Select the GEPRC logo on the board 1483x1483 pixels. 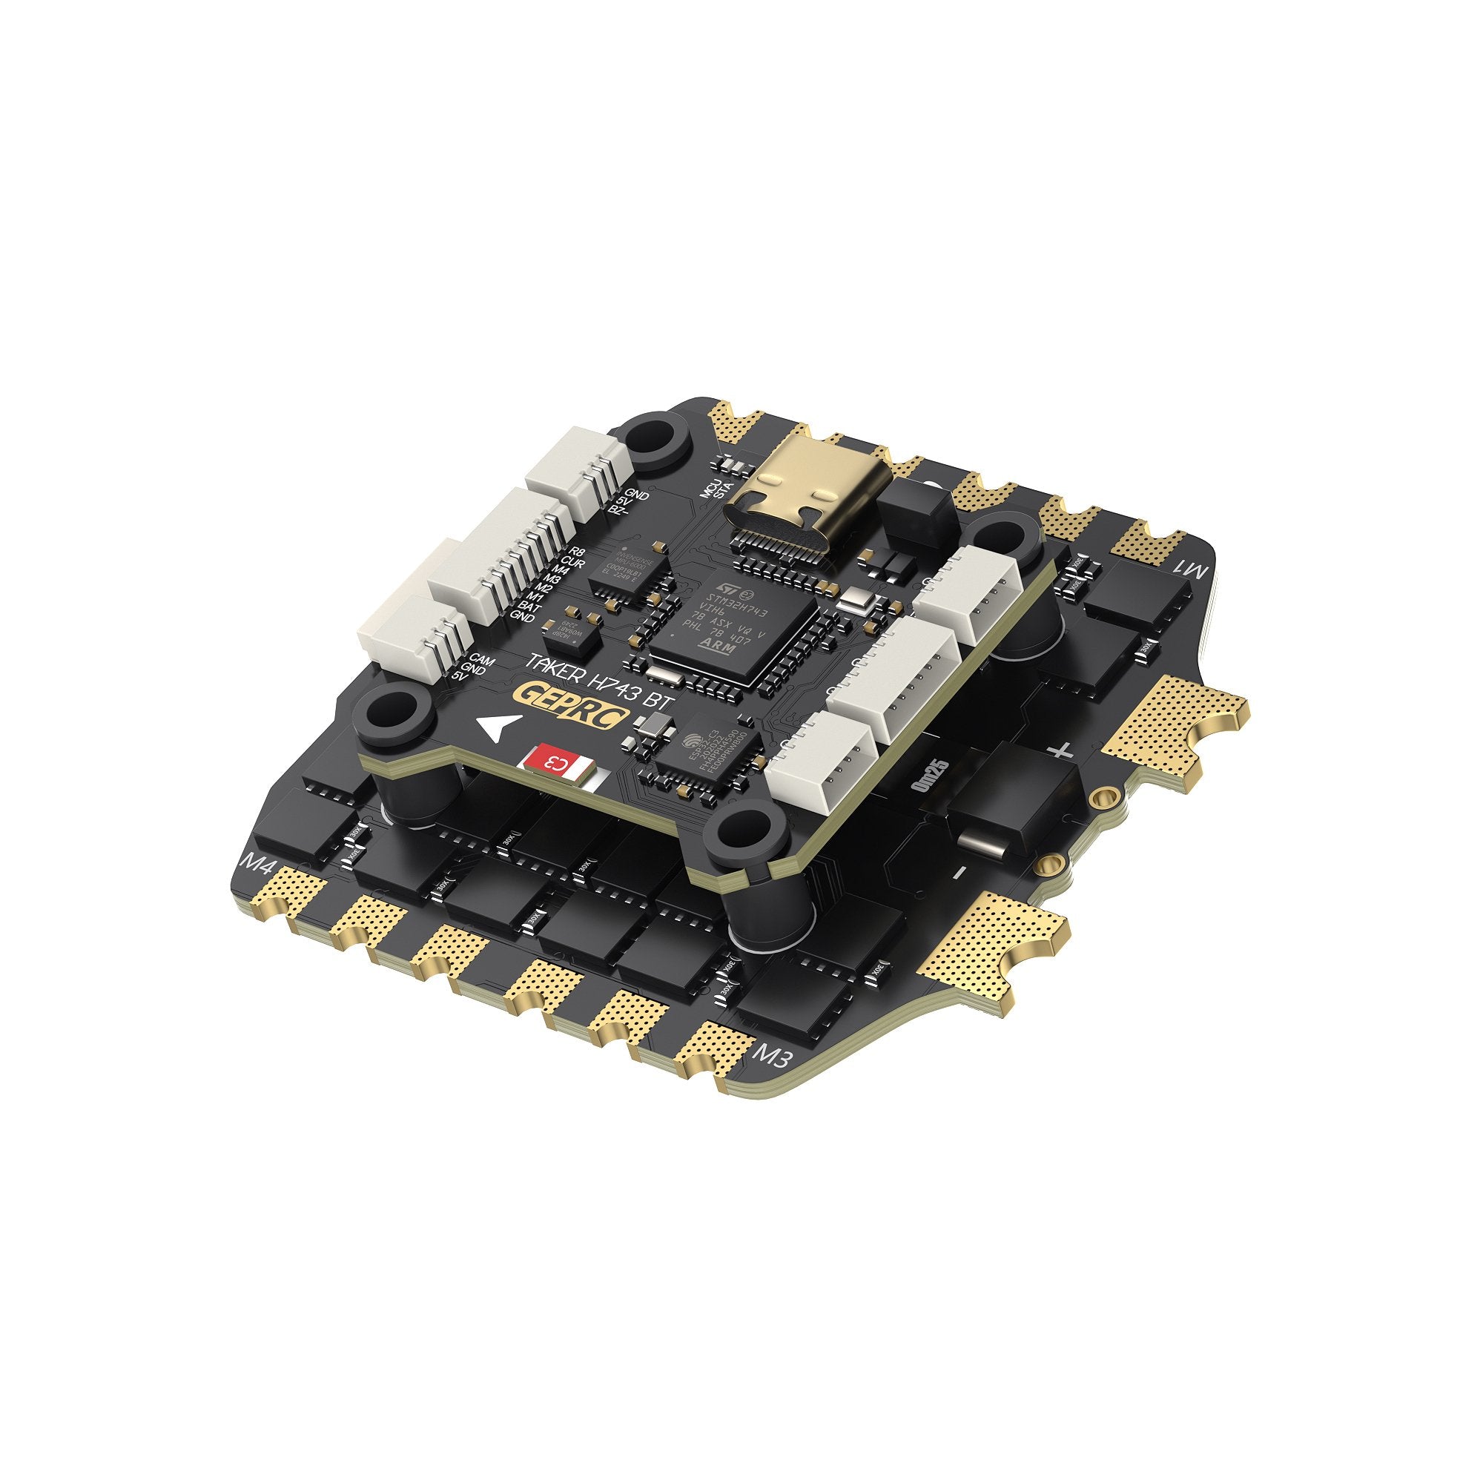(x=574, y=698)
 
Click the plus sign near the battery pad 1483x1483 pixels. (x=1061, y=750)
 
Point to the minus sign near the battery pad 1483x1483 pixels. (x=960, y=871)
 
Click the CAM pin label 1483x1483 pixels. (x=481, y=659)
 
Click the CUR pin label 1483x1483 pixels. (x=572, y=564)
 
